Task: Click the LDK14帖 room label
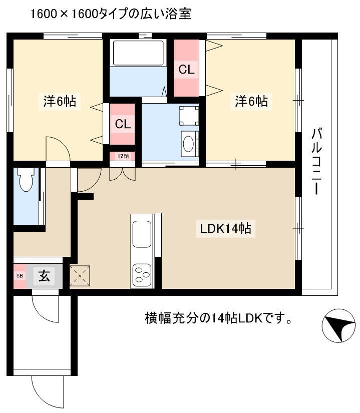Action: (225, 228)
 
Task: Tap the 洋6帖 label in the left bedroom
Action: (60, 101)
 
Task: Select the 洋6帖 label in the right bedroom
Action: (251, 101)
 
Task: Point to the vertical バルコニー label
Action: (317, 161)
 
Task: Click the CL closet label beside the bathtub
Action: (186, 70)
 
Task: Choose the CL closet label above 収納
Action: (123, 124)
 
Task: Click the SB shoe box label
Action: (20, 276)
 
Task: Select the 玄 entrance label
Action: (44, 276)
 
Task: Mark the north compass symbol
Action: (338, 325)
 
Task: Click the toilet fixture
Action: (26, 179)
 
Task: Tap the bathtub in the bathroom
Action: (138, 53)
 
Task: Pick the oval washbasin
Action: (188, 144)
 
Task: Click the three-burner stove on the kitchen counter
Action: (142, 275)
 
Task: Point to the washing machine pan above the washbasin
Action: (189, 116)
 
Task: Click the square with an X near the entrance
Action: (80, 276)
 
